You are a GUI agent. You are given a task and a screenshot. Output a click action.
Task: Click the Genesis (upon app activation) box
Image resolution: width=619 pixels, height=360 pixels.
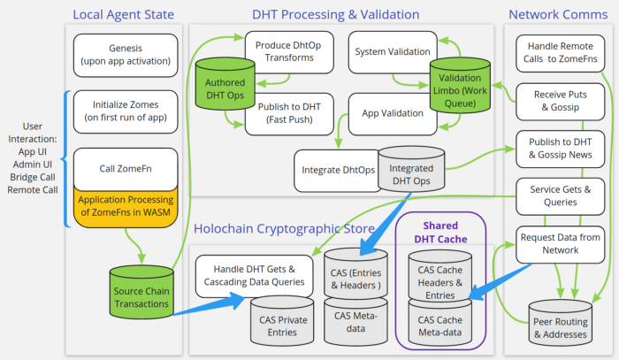(126, 55)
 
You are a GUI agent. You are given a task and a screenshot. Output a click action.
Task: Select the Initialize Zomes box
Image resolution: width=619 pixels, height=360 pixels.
(126, 111)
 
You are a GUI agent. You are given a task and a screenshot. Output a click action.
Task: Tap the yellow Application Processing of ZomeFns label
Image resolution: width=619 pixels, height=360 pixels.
(126, 207)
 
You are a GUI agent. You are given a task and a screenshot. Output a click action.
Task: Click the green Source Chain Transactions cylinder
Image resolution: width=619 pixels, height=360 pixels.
(141, 292)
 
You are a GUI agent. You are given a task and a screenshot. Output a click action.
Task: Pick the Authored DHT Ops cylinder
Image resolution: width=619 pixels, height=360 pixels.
(225, 84)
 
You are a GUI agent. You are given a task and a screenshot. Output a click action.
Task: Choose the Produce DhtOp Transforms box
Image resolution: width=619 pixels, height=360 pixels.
(289, 51)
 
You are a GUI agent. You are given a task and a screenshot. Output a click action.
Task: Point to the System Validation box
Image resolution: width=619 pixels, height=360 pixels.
(393, 52)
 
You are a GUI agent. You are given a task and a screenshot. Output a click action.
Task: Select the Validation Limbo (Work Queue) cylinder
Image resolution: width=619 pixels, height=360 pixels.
(460, 86)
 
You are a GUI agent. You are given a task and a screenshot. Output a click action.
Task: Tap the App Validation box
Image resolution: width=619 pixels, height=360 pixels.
(393, 114)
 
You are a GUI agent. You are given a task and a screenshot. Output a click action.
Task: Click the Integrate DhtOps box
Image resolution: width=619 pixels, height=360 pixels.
(338, 171)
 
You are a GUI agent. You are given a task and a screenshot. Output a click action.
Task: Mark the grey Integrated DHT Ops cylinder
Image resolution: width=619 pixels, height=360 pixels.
(411, 169)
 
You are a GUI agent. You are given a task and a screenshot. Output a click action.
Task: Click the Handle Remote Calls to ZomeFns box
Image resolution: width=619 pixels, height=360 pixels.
(560, 53)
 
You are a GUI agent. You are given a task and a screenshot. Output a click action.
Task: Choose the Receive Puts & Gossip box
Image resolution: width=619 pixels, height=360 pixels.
(560, 101)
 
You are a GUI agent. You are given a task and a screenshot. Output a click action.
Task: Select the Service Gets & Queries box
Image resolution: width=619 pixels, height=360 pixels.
(560, 195)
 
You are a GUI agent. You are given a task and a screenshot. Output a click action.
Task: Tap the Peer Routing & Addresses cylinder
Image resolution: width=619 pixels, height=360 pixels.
(560, 322)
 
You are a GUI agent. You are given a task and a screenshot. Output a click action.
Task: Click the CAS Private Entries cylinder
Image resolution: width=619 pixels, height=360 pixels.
(282, 320)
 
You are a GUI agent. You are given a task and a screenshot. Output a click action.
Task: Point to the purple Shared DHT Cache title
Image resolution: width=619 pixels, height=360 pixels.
(440, 233)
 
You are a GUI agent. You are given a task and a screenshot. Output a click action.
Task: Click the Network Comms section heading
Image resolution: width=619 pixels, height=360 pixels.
(558, 15)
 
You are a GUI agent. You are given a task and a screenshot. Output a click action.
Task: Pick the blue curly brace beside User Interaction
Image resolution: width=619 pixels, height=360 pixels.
(65, 159)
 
